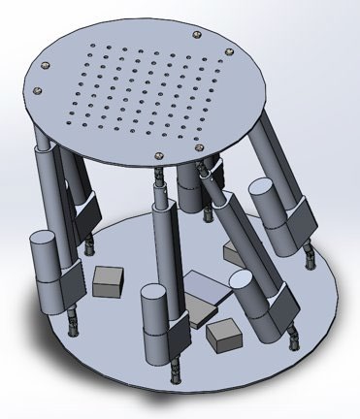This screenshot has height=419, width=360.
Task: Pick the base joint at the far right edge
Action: (311, 254)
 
